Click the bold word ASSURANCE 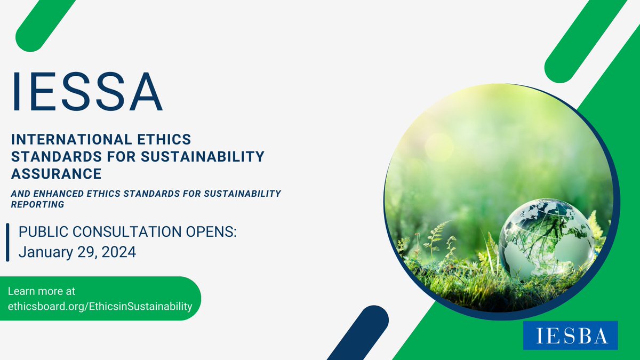point(57,173)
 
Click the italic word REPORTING point(37,204)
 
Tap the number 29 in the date point(83,251)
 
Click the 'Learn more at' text point(42,291)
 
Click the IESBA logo point(570,335)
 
